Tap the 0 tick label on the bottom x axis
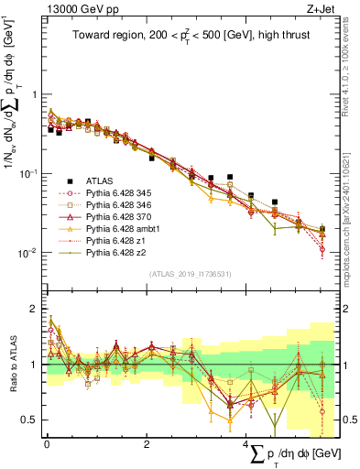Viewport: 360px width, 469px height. pos(47,442)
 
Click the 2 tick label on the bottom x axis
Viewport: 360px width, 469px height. pos(147,442)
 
